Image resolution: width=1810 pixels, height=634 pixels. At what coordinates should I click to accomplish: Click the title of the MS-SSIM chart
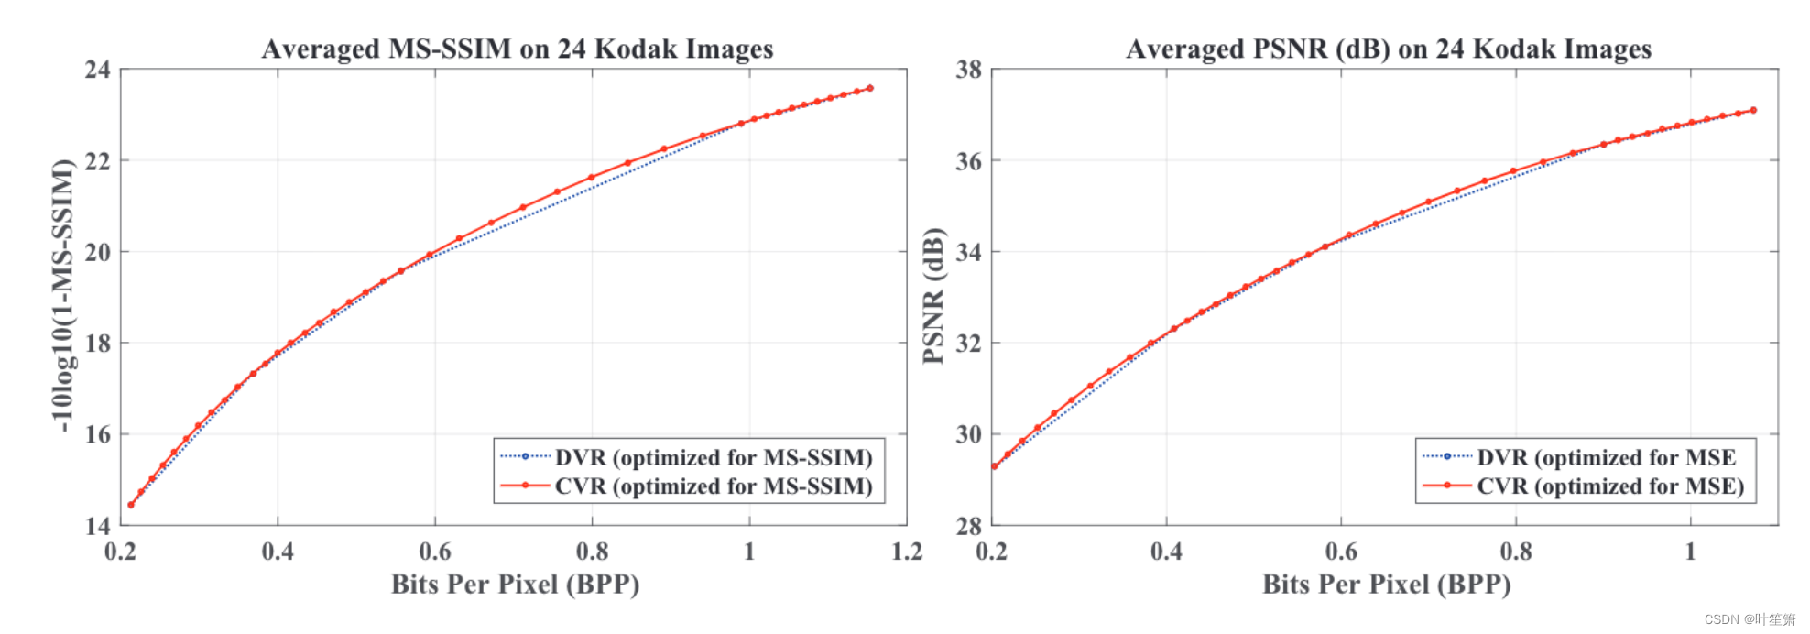pyautogui.click(x=518, y=49)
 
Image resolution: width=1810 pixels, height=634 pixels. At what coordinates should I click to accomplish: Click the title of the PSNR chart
pyautogui.click(x=1389, y=49)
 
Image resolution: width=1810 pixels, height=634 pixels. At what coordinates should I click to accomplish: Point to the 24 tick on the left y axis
pyautogui.click(x=97, y=70)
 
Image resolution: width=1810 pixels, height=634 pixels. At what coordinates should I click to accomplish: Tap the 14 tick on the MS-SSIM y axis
pyautogui.click(x=97, y=526)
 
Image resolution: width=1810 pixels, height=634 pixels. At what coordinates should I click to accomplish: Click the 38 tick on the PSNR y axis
pyautogui.click(x=968, y=70)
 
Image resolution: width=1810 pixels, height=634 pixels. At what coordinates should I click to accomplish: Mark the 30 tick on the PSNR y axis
pyautogui.click(x=968, y=434)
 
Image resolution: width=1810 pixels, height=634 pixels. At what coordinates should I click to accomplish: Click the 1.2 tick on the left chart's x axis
pyautogui.click(x=907, y=552)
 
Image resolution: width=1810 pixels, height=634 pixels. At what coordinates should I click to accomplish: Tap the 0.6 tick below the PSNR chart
pyautogui.click(x=1341, y=552)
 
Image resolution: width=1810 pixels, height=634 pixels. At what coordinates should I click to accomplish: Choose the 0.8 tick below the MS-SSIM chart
pyautogui.click(x=592, y=552)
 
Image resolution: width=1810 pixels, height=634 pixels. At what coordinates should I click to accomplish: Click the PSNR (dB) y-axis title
pyautogui.click(x=932, y=295)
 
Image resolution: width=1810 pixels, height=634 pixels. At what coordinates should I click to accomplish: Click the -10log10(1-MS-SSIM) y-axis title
pyautogui.click(x=62, y=295)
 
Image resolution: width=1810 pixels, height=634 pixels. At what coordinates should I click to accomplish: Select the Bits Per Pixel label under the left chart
pyautogui.click(x=515, y=585)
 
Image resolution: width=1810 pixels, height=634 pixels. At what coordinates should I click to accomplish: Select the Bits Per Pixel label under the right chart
pyautogui.click(x=1386, y=585)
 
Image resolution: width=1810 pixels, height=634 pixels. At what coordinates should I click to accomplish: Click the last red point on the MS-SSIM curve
pyautogui.click(x=870, y=88)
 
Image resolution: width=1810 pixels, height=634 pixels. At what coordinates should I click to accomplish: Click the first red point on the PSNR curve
pyautogui.click(x=995, y=466)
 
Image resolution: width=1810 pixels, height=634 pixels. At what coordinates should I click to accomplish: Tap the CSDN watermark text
pyautogui.click(x=1749, y=620)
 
